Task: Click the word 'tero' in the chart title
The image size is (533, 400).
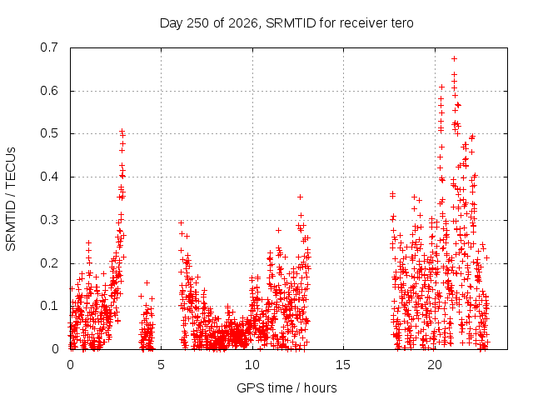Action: [403, 23]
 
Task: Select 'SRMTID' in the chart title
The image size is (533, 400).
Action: [291, 23]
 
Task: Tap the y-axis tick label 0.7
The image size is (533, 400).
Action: [49, 47]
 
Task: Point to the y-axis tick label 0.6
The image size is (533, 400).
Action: [49, 91]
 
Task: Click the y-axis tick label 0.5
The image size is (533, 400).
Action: [49, 133]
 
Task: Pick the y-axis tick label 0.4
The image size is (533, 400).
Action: [49, 177]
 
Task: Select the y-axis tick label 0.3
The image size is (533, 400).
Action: [49, 220]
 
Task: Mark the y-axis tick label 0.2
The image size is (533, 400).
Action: [49, 263]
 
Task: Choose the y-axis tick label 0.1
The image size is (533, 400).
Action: [49, 306]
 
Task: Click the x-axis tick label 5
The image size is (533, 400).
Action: [161, 365]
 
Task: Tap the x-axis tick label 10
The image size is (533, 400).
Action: [252, 365]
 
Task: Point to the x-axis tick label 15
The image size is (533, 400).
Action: [343, 365]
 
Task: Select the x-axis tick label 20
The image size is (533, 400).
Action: [434, 365]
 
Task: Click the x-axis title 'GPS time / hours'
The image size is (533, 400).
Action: [286, 388]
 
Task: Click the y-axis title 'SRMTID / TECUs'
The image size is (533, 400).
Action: [11, 199]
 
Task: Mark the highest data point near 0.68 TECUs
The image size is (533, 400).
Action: [454, 59]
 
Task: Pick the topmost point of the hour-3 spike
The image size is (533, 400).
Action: [122, 131]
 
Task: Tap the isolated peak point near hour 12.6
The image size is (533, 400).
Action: [300, 197]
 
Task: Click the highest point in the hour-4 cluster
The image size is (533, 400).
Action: [147, 282]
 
